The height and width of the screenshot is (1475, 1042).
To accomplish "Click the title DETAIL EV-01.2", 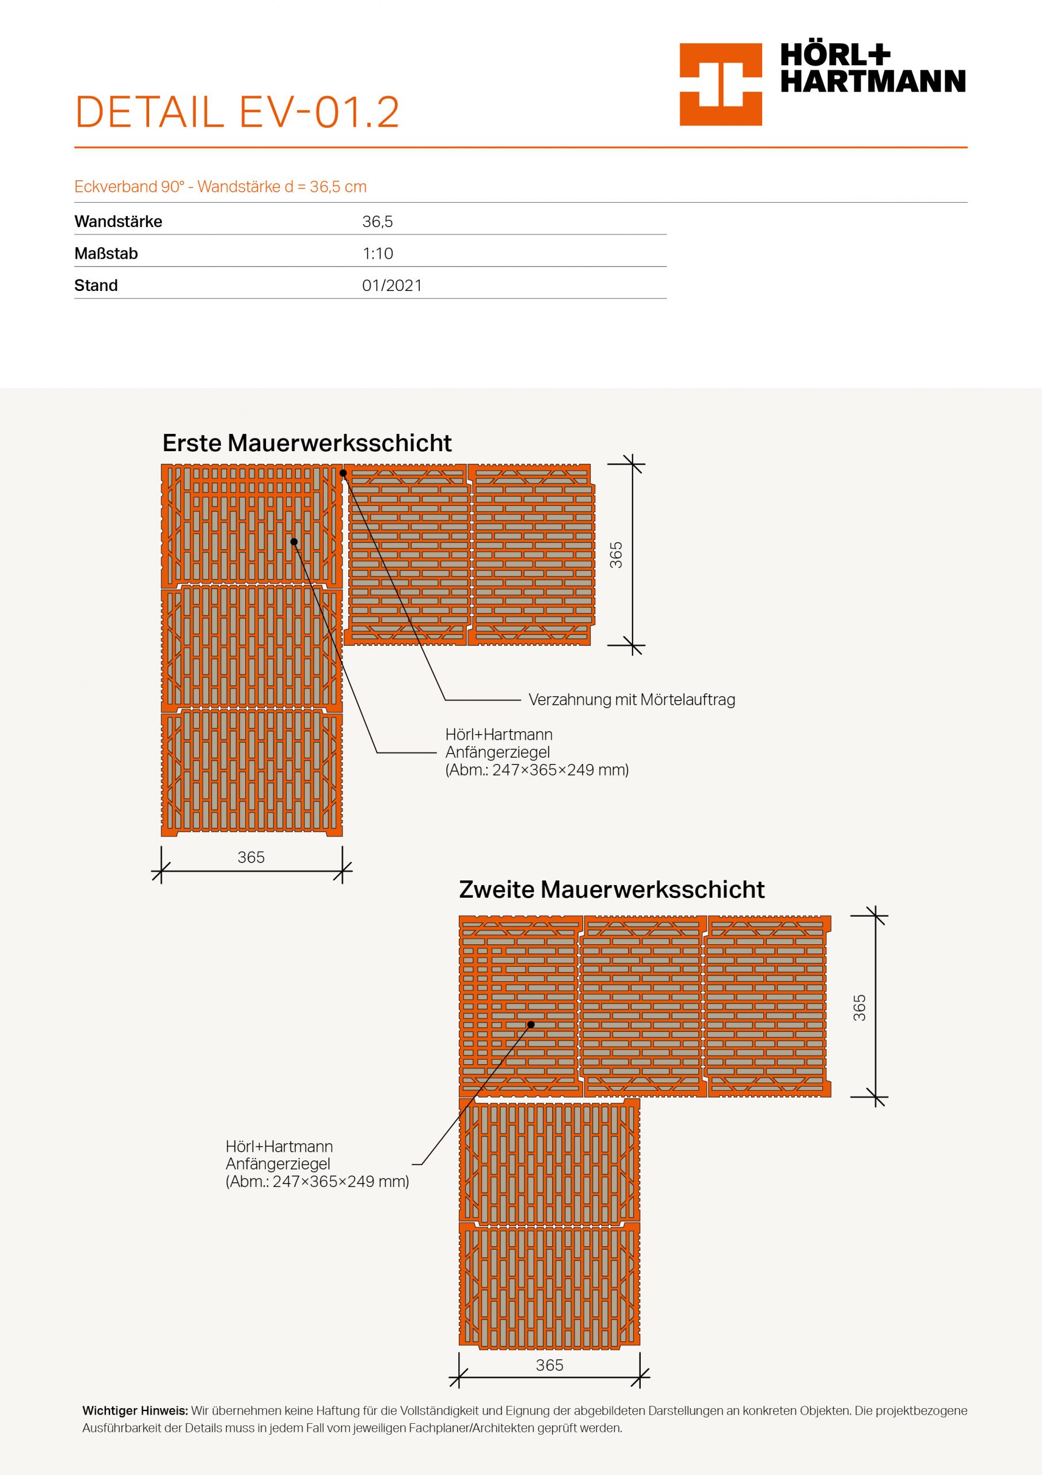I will click(237, 112).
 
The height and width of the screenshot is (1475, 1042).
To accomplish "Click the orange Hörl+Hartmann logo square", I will click(720, 84).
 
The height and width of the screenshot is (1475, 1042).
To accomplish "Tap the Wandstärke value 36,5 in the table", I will click(378, 222).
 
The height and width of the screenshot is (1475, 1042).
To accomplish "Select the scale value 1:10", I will click(378, 254).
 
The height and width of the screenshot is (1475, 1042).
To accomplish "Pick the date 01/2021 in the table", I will click(391, 285).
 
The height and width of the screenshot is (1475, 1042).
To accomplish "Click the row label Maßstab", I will click(106, 254).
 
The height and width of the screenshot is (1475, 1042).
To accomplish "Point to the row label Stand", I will click(96, 285).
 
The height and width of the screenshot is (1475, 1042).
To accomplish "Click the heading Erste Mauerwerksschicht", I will click(307, 442).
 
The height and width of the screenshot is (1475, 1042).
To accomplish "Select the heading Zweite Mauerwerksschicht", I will click(611, 889).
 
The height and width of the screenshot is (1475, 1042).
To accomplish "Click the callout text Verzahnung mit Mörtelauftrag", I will click(631, 699).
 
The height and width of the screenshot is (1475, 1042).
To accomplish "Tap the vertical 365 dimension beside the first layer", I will click(615, 554).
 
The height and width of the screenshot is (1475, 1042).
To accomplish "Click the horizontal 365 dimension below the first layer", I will click(251, 857).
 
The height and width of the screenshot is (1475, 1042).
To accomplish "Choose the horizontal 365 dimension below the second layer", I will click(550, 1365).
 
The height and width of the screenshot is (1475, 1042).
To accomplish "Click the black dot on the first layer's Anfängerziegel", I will click(294, 542).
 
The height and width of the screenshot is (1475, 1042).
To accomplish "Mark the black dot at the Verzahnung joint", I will click(344, 474).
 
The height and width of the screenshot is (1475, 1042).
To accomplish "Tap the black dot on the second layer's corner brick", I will click(531, 1024).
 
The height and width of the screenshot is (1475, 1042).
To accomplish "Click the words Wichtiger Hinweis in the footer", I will click(135, 1411).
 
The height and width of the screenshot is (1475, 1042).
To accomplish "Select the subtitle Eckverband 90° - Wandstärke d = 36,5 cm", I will click(220, 187).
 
